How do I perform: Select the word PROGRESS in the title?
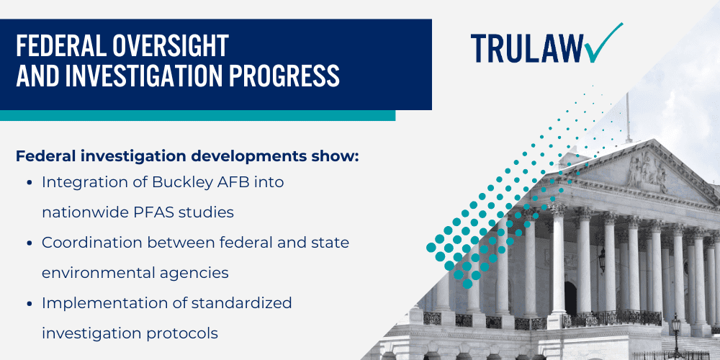pyautogui.click(x=286, y=74)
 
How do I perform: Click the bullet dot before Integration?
pyautogui.click(x=28, y=183)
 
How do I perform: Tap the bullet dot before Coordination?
pyautogui.click(x=28, y=243)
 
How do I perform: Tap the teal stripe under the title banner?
pyautogui.click(x=197, y=115)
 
